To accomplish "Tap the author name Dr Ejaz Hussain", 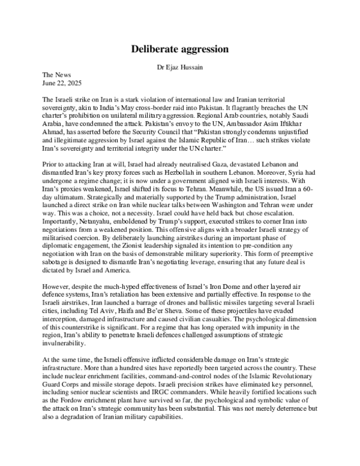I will pos(180,68).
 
